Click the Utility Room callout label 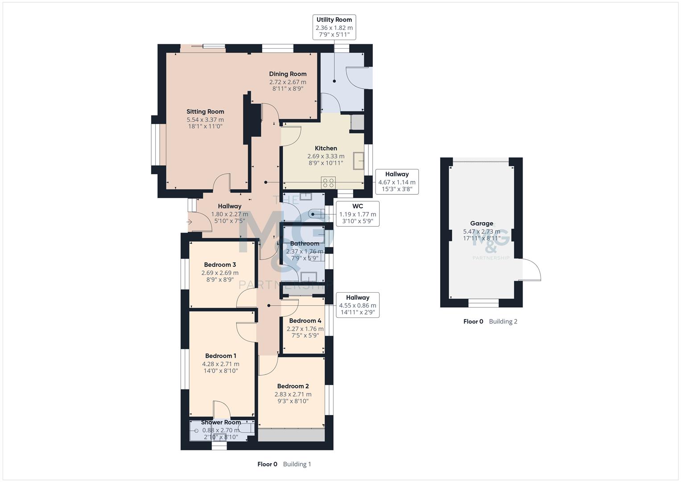click(334, 27)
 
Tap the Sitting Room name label click(205, 112)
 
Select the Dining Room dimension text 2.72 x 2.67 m click(288, 82)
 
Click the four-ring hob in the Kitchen click(329, 182)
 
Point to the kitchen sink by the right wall click(359, 161)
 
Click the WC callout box click(357, 214)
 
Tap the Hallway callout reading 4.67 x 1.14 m click(396, 182)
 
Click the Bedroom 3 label click(220, 265)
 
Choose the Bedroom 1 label click(221, 356)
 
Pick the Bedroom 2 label click(293, 386)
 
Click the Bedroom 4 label click(305, 320)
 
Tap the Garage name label click(482, 223)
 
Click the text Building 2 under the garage click(503, 321)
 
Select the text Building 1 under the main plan click(297, 464)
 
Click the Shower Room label click(221, 422)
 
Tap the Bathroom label click(305, 243)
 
